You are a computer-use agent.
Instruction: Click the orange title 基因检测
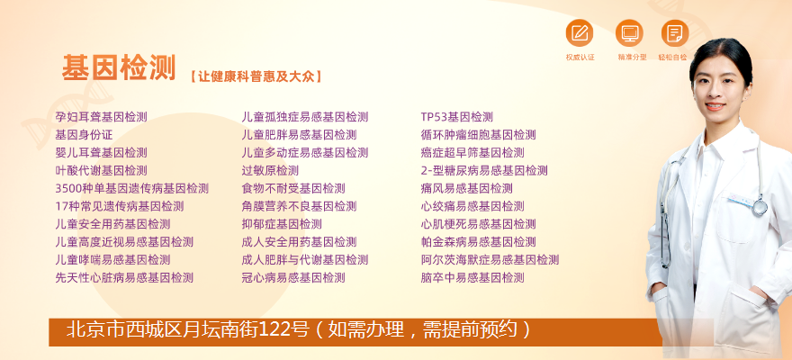tap(119, 68)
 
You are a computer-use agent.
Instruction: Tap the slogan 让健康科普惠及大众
tap(256, 76)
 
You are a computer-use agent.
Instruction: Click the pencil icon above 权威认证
tap(580, 32)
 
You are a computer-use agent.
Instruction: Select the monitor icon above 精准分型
tap(629, 32)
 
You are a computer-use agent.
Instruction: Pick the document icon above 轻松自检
tap(675, 32)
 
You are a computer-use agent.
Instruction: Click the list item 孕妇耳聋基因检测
tap(101, 117)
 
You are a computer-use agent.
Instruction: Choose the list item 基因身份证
tap(84, 135)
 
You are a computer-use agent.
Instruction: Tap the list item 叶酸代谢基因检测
tap(101, 171)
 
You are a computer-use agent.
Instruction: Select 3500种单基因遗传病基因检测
tap(131, 188)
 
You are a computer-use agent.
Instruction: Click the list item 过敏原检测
tap(270, 171)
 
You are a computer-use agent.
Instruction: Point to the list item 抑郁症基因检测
tap(282, 224)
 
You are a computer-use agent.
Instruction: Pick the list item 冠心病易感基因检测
tap(293, 278)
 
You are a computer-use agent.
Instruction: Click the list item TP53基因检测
tap(456, 117)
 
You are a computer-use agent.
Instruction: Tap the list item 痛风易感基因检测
tap(467, 188)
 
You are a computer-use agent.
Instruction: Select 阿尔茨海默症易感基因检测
tap(490, 260)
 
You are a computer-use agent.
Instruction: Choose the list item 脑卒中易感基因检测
tap(472, 278)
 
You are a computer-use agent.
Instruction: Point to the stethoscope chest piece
tap(760, 207)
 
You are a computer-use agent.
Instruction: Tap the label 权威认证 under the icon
tap(580, 58)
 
